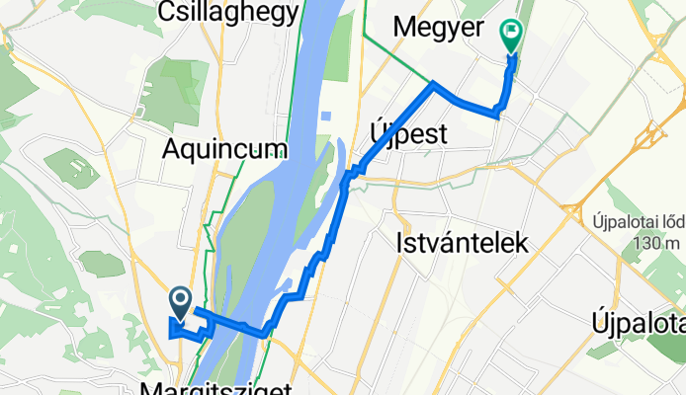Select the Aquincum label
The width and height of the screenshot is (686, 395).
[227, 149]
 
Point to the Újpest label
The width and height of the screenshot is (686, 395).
[408, 132]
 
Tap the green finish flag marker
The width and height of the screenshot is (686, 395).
[511, 38]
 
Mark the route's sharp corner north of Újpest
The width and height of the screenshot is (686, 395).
[432, 87]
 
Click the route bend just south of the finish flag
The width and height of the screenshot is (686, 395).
[498, 115]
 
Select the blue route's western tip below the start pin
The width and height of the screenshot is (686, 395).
[171, 335]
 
